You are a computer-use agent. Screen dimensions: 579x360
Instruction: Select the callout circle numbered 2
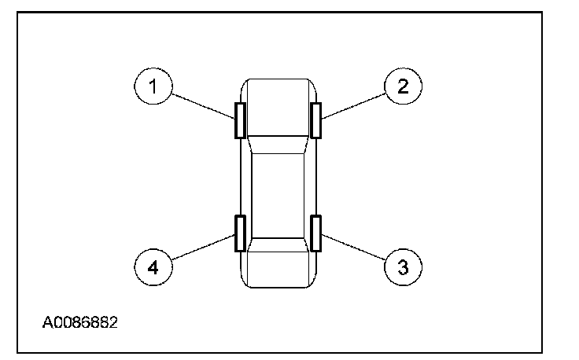point(403,86)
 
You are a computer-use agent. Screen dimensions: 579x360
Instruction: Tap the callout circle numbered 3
point(403,266)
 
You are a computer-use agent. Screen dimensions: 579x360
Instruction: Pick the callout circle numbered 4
point(153,266)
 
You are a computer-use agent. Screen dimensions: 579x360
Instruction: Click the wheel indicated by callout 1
point(240,120)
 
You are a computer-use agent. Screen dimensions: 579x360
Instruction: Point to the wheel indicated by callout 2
point(315,120)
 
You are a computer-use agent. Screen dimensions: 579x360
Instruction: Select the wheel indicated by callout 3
point(315,233)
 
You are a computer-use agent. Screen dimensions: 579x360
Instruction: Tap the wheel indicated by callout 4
point(240,233)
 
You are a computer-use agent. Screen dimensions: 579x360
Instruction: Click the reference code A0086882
point(81,322)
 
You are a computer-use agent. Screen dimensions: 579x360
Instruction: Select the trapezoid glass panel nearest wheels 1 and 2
point(278,144)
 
